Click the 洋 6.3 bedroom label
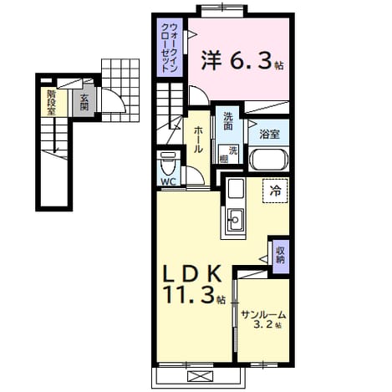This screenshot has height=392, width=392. point(242,60)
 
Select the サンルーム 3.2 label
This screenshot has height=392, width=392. point(263,319)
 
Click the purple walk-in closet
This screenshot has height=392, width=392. point(170,48)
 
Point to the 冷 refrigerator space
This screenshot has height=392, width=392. point(275,191)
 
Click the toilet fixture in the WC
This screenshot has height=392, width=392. point(168,165)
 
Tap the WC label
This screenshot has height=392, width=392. point(169,182)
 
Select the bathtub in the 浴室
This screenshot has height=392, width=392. point(268,160)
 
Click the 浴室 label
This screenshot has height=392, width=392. point(269,135)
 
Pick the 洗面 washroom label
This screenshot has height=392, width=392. point(228,121)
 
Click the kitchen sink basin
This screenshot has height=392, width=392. point(236,220)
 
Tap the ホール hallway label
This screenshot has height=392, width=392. point(198,140)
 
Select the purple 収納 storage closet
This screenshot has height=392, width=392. point(281,256)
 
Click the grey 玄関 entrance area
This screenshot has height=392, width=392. point(84,102)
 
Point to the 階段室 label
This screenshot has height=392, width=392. point(51,102)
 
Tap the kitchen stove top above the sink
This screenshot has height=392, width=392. point(236,188)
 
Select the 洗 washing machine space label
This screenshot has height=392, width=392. point(233,150)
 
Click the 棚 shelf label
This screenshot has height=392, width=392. point(224,159)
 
